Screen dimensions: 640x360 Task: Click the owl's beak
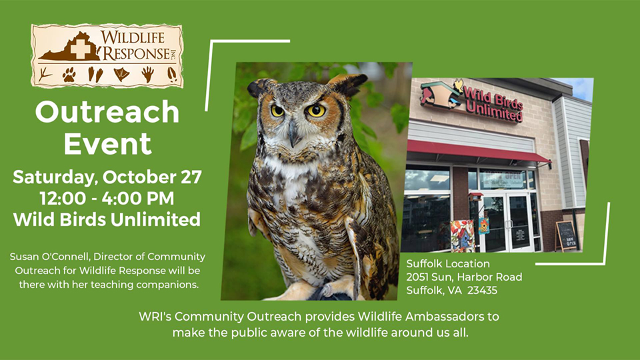click(293, 133)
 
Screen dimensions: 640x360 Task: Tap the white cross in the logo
click(81, 49)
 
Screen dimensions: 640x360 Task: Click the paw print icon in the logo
click(69, 75)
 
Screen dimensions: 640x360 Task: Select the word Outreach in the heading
click(107, 112)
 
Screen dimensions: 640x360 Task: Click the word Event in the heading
click(108, 144)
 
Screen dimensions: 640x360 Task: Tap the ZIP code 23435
click(483, 291)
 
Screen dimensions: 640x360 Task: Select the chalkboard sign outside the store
click(566, 236)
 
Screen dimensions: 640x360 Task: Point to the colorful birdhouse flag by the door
click(463, 235)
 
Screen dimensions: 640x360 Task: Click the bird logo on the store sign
click(443, 93)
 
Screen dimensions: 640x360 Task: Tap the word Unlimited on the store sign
click(494, 111)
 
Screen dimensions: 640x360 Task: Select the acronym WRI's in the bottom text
click(155, 317)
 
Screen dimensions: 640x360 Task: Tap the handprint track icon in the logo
click(148, 75)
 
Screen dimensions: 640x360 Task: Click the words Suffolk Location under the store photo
click(448, 264)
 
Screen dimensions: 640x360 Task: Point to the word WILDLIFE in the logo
click(133, 37)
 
